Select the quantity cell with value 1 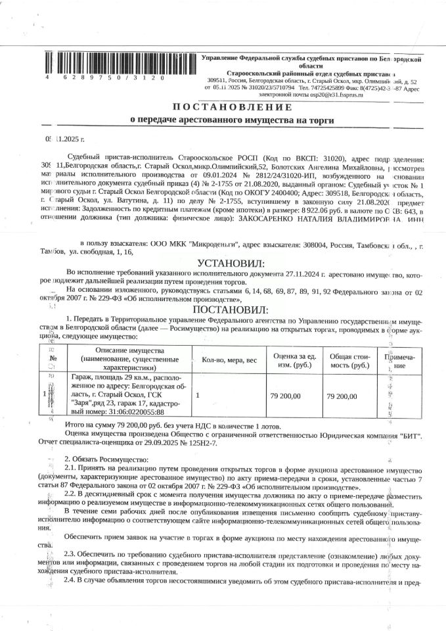pos(198,396)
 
